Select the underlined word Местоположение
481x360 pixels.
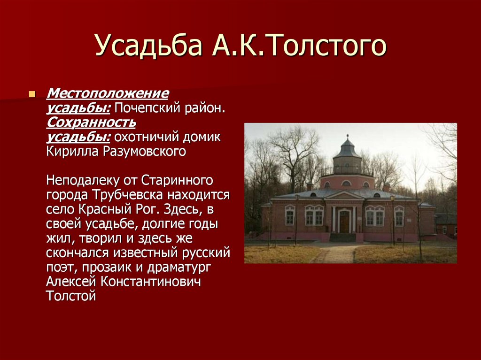pyautogui.click(x=107, y=94)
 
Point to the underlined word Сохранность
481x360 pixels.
pyautogui.click(x=91, y=123)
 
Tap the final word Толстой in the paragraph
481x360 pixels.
pyautogui.click(x=71, y=296)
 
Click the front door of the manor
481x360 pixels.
pyautogui.click(x=344, y=222)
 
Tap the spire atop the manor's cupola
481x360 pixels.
pyautogui.click(x=348, y=138)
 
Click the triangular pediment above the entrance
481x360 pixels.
pyautogui.click(x=344, y=195)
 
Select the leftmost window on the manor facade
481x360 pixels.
pyautogui.click(x=290, y=215)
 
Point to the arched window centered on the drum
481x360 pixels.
pyautogui.click(x=347, y=183)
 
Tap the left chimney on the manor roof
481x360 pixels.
pyautogui.click(x=310, y=186)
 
